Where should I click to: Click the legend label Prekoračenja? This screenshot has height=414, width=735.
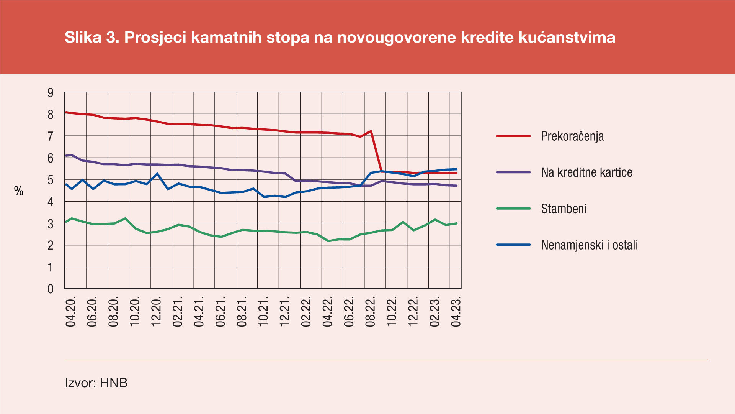point(572,136)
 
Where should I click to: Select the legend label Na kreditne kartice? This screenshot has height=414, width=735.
point(586,172)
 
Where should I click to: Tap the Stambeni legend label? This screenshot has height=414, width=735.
point(563,209)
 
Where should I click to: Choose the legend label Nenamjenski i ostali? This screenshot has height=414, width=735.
point(589,245)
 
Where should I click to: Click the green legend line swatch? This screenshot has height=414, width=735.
point(513,209)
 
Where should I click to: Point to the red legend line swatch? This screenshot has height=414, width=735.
point(513,136)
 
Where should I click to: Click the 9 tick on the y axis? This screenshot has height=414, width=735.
point(51,92)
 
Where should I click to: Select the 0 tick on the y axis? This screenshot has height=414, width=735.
point(51,289)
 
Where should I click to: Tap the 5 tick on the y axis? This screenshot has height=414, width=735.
point(51,180)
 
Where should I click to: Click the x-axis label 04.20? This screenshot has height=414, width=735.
point(71,311)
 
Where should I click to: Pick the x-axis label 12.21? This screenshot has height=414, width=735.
point(284,311)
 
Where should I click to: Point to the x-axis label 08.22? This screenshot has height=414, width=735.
point(370,311)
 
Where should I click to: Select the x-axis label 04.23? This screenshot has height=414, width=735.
point(456,311)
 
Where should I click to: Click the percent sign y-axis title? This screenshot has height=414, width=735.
point(19,191)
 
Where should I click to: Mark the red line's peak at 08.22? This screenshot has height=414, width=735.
point(371,131)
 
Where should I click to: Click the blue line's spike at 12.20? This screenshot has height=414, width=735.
point(157,174)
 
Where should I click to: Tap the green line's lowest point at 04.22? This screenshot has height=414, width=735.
point(328,241)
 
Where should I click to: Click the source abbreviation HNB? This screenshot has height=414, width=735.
point(114,383)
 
